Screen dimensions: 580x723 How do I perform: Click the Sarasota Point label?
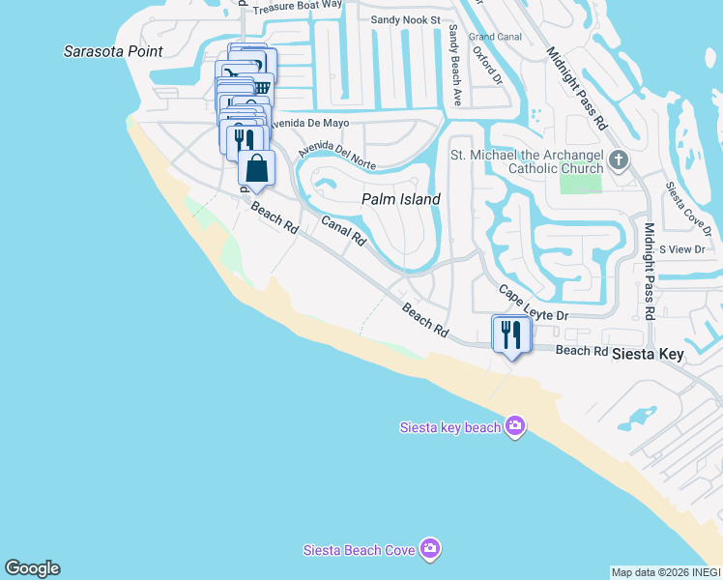click(x=113, y=51)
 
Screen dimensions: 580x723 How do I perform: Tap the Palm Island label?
click(x=401, y=199)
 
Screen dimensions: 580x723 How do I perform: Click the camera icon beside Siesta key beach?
click(x=515, y=426)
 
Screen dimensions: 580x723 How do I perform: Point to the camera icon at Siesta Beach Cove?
click(x=430, y=549)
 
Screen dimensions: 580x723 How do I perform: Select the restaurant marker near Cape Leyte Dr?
click(x=510, y=334)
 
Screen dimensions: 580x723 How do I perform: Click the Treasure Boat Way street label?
click(x=298, y=5)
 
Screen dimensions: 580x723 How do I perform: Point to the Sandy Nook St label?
click(x=406, y=19)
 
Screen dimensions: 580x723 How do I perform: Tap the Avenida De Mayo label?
click(x=294, y=124)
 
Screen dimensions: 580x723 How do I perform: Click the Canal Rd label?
click(x=343, y=230)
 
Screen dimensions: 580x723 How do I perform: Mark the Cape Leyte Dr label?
click(x=534, y=303)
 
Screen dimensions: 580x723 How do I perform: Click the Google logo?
click(x=32, y=568)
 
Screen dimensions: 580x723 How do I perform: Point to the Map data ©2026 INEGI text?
click(x=665, y=572)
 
